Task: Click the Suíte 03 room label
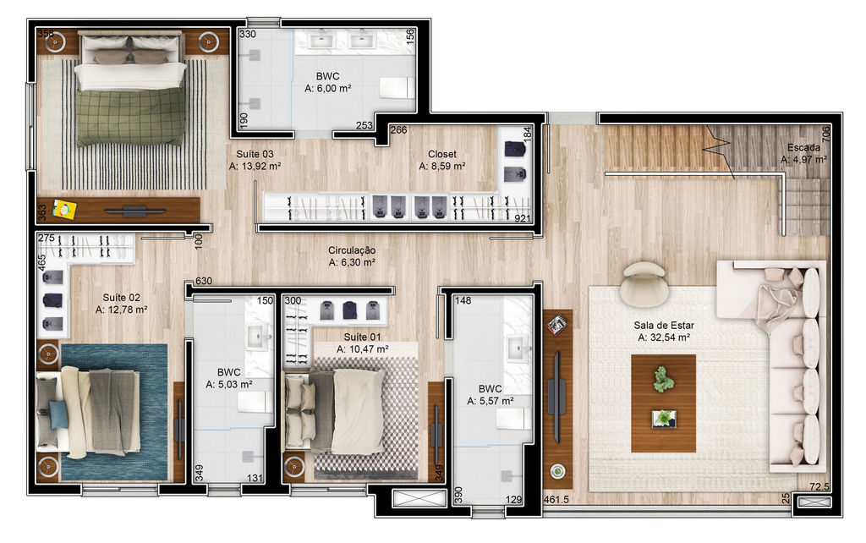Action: coord(255,154)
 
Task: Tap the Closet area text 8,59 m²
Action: coord(441,166)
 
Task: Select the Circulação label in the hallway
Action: coord(352,250)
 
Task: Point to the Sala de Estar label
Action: coord(663,326)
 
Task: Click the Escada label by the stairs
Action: coord(803,147)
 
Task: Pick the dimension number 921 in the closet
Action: coord(522,219)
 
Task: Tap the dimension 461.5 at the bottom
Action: coord(556,499)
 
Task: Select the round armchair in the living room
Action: coord(644,282)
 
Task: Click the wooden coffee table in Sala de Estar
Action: coord(663,403)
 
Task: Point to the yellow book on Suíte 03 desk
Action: coord(64,210)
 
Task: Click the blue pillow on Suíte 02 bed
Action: coord(58,414)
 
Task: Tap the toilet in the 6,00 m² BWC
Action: coord(396,88)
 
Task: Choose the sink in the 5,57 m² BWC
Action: coord(518,347)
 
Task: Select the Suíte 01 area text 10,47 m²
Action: coord(362,349)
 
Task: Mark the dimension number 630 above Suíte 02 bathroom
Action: coord(203,281)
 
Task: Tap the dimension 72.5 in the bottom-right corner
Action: coord(819,486)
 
